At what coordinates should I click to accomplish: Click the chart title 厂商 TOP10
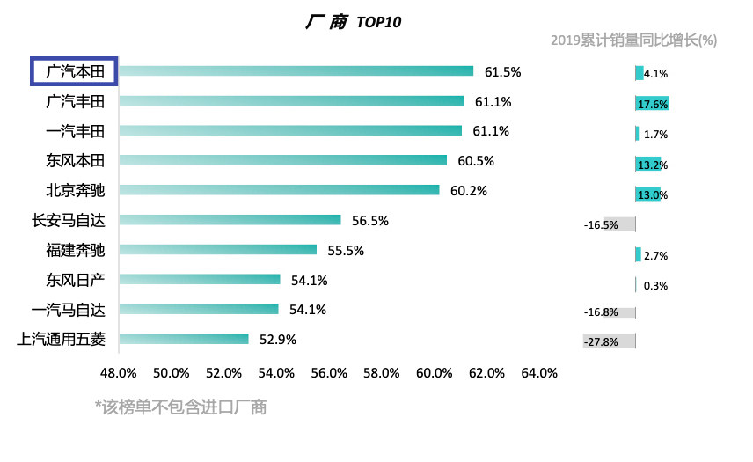coord(353,22)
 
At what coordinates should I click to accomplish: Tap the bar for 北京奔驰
coord(278,190)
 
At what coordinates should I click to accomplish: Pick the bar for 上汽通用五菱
coord(183,339)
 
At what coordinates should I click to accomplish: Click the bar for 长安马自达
coord(229,220)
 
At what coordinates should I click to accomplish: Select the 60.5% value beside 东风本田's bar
coord(476,161)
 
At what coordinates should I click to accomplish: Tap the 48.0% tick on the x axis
coord(119,373)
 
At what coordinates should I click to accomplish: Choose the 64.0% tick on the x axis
coord(539,373)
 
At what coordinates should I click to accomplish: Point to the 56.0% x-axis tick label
coord(329,373)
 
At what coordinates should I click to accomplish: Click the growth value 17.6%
coord(652,105)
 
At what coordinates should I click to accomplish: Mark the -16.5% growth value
coord(601,225)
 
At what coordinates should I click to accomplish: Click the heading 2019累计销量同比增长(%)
coord(633,40)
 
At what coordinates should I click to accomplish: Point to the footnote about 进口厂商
coord(180,407)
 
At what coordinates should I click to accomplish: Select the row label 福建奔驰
coord(75,250)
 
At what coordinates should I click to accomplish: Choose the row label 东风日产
coord(75,280)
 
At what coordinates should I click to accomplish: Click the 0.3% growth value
coord(655,285)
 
